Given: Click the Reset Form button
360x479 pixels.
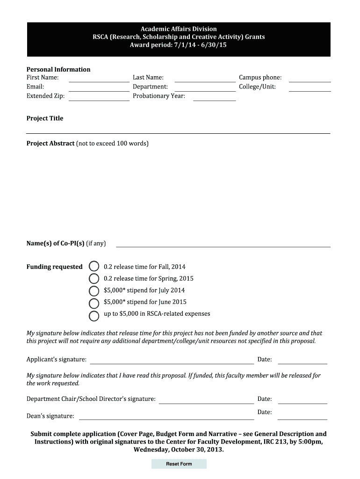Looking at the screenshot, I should (179, 464).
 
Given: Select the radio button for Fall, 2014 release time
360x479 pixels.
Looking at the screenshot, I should (94, 267).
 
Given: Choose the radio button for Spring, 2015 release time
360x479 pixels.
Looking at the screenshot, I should (94, 279).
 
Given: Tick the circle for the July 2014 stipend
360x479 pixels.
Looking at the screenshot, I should (94, 290).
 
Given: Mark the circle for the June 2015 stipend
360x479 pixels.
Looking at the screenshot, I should (94, 302).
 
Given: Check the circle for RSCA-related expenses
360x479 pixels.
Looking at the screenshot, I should (94, 314).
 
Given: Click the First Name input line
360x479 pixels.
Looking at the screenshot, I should (99, 79).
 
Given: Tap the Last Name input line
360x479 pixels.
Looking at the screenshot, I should (205, 79).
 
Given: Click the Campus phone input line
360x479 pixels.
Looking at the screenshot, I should (310, 79).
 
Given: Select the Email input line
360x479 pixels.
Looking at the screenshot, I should (99, 88).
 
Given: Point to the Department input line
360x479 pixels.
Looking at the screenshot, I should (205, 88).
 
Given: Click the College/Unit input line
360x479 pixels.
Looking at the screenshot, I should (310, 88).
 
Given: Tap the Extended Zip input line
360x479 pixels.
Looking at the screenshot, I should (99, 97).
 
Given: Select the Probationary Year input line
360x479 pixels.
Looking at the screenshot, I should (214, 97).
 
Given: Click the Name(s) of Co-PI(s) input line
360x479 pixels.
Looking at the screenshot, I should (223, 244).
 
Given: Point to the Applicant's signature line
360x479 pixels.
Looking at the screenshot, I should (172, 360).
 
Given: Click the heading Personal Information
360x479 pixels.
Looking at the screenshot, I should (58, 69).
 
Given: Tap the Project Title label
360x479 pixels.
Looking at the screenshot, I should (45, 118).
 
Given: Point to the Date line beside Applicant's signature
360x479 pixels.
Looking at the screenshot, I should (302, 360).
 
